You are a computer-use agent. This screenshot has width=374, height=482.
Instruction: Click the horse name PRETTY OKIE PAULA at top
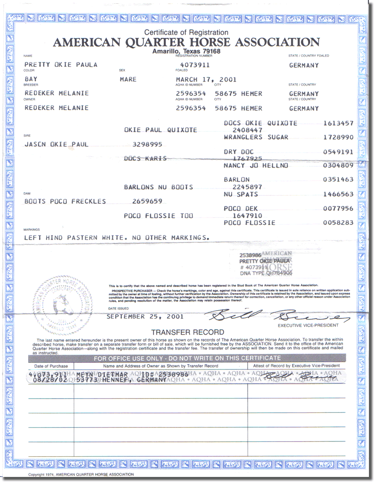click(61, 65)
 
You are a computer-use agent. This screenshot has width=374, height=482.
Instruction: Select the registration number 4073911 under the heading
click(195, 65)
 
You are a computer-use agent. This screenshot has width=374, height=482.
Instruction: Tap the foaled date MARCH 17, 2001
click(206, 79)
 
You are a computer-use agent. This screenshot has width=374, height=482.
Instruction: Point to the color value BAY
click(31, 79)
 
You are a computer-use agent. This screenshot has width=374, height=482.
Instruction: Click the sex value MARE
click(128, 79)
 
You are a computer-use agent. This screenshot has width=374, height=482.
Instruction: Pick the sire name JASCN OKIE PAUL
click(56, 144)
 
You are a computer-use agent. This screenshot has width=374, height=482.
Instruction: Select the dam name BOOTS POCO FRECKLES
click(65, 201)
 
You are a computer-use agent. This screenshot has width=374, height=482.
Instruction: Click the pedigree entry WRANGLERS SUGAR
click(256, 137)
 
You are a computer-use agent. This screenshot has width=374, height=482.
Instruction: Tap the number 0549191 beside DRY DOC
click(338, 152)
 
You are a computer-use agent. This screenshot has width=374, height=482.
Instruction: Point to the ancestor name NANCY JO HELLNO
click(256, 165)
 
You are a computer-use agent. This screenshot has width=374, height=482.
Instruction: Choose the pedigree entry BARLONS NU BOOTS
click(158, 187)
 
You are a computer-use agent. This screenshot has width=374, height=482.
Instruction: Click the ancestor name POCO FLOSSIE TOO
click(158, 216)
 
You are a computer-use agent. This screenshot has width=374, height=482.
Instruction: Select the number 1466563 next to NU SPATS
click(338, 194)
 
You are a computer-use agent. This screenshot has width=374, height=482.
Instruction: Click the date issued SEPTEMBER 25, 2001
click(145, 317)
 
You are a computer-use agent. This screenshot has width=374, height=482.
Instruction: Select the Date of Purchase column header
click(51, 366)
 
